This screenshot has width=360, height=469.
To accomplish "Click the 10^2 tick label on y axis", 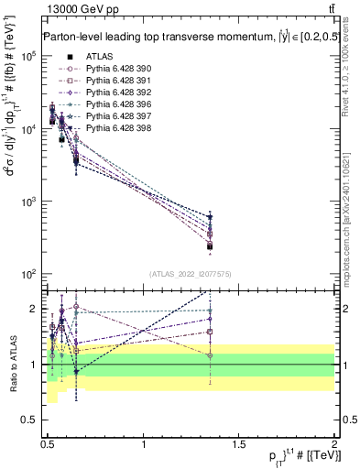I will coord(28,274).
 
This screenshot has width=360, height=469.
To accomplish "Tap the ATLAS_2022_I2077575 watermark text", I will coord(190,274).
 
